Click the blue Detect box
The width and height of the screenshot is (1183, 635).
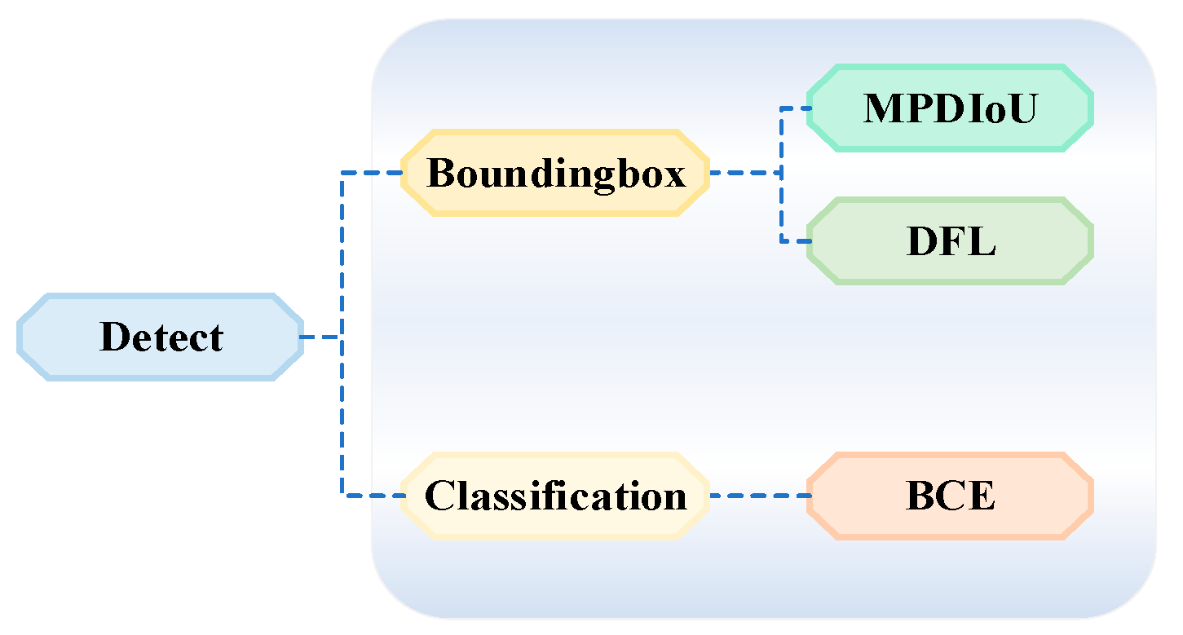pos(160,337)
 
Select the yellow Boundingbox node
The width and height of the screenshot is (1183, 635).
pos(555,173)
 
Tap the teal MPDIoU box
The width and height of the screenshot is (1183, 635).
pos(949,108)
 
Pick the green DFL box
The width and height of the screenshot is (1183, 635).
pos(949,241)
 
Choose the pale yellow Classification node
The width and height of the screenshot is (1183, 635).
pos(555,496)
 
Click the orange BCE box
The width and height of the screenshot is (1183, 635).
pos(949,496)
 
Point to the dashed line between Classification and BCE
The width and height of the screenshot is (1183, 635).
pos(758,496)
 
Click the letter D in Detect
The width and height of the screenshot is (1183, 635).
pos(116,337)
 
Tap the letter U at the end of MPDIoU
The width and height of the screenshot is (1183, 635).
pos(1022,108)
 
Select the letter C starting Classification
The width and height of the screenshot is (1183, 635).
pos(439,496)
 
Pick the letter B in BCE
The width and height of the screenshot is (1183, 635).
pos(919,496)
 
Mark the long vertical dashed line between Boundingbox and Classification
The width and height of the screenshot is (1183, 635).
pos(342,408)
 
